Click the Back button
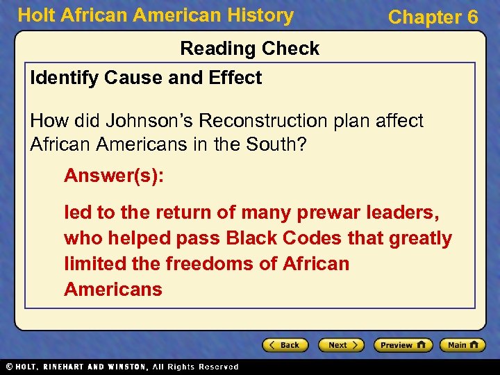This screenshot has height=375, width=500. click(x=284, y=345)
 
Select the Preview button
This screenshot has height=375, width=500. click(x=403, y=345)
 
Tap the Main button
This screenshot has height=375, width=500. click(x=463, y=345)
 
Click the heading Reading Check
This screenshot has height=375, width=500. click(x=250, y=49)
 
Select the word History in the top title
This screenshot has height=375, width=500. click(x=260, y=15)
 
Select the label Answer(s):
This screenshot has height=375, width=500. click(x=114, y=176)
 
